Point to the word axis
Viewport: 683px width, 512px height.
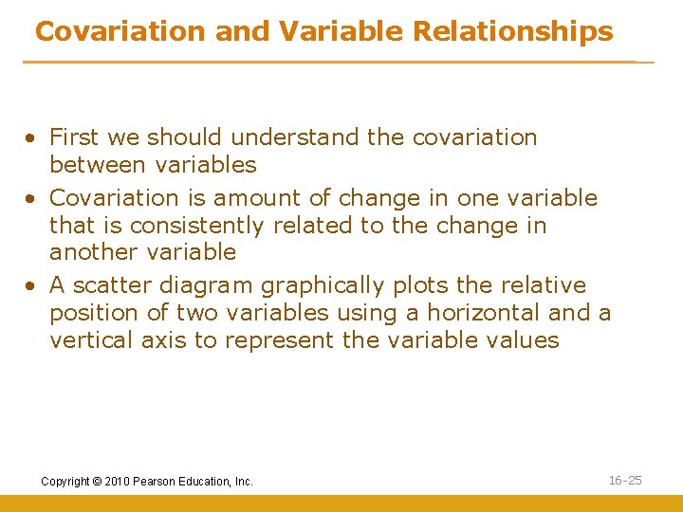(165, 340)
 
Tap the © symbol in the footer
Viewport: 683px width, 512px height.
(97, 482)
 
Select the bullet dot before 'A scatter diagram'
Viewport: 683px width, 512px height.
(31, 286)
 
